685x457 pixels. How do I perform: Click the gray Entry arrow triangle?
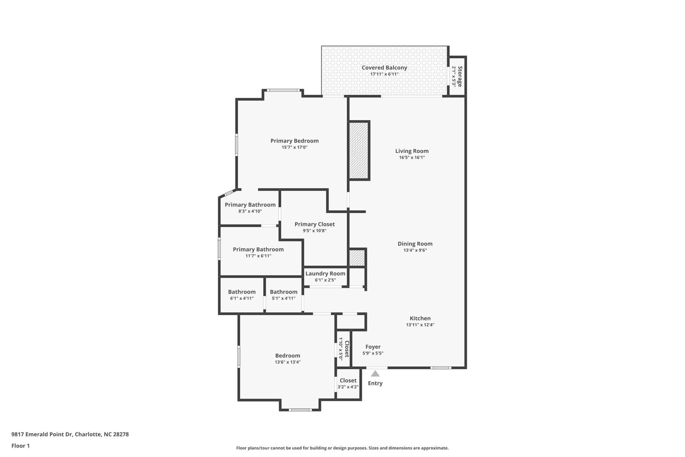coord(375,374)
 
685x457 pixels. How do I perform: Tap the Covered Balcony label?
coord(384,68)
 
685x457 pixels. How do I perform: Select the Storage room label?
coord(460,76)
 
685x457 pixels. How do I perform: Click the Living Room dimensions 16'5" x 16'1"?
coord(412,157)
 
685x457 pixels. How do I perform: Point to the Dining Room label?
coord(415,244)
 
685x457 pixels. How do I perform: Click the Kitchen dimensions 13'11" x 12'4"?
coord(420,325)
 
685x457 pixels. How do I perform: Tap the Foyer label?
coord(373,347)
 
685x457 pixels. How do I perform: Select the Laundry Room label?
coord(325,274)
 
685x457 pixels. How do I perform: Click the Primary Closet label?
coord(314,224)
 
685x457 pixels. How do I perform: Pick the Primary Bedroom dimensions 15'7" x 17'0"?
coord(294,147)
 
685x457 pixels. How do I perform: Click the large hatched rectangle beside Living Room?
coord(359,151)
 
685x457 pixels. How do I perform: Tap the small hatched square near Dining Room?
coord(357,258)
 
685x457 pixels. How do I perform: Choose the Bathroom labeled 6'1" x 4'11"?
coord(241,295)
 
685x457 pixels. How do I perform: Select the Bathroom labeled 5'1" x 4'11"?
coord(283,295)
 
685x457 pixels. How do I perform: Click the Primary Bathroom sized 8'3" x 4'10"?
coord(250,208)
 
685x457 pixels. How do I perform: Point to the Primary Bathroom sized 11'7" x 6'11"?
coord(258,252)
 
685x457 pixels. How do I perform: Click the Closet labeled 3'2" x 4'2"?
coord(348,383)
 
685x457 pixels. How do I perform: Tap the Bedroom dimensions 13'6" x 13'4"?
coord(288,362)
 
